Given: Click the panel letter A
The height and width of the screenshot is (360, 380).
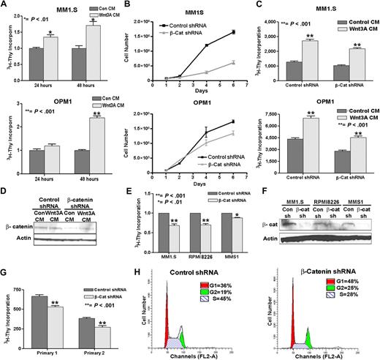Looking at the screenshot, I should (5, 6).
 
